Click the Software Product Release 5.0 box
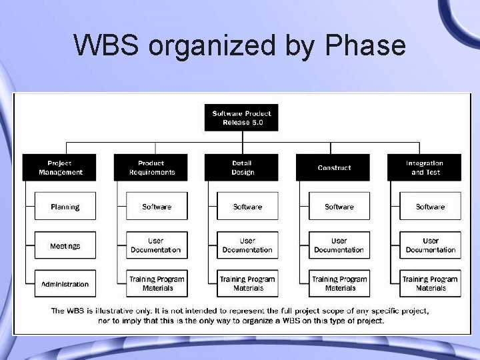click(241, 117)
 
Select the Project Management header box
click(59, 167)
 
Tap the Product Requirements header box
click(151, 167)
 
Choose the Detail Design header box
click(243, 167)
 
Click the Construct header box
click(334, 167)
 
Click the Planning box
click(65, 207)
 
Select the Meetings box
click(65, 246)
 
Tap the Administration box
click(65, 284)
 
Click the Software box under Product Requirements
click(157, 207)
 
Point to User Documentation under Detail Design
click(247, 245)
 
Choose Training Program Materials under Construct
click(339, 283)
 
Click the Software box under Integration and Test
click(431, 207)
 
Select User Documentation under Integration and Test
click(431, 245)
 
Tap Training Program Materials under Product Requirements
click(157, 283)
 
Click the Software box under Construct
click(339, 207)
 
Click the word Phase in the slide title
click(365, 46)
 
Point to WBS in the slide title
click(107, 46)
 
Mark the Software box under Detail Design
click(247, 207)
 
